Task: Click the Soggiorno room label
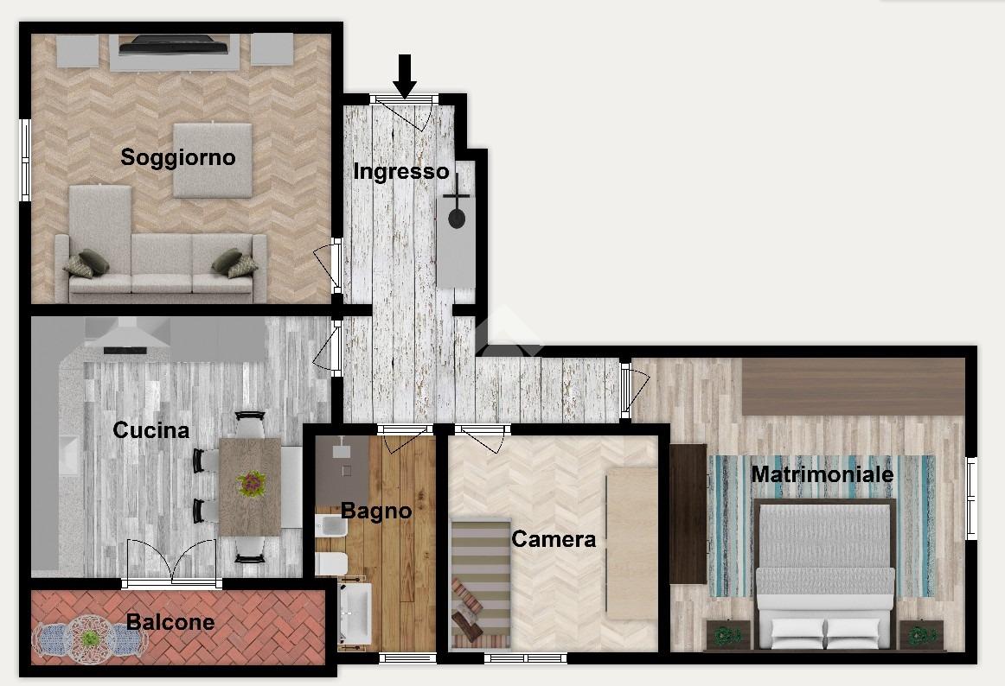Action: pyautogui.click(x=178, y=157)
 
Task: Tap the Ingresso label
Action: pyautogui.click(x=401, y=172)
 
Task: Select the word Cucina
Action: pyautogui.click(x=151, y=429)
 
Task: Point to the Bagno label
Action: pyautogui.click(x=376, y=511)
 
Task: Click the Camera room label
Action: pyautogui.click(x=554, y=539)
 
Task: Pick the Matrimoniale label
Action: pyautogui.click(x=823, y=474)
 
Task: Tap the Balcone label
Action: pyautogui.click(x=170, y=622)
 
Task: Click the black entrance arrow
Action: pyautogui.click(x=405, y=76)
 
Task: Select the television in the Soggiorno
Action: pyautogui.click(x=174, y=46)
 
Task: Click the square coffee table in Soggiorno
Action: pyautogui.click(x=212, y=160)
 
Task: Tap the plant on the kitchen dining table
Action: pyautogui.click(x=251, y=484)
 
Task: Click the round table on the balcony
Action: pyautogui.click(x=91, y=639)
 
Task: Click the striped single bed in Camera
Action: pyautogui.click(x=481, y=583)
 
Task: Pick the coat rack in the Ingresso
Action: pyautogui.click(x=457, y=205)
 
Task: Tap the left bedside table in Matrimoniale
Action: pyautogui.click(x=727, y=635)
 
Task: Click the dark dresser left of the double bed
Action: pyautogui.click(x=688, y=514)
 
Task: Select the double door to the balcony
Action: pyautogui.click(x=172, y=562)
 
